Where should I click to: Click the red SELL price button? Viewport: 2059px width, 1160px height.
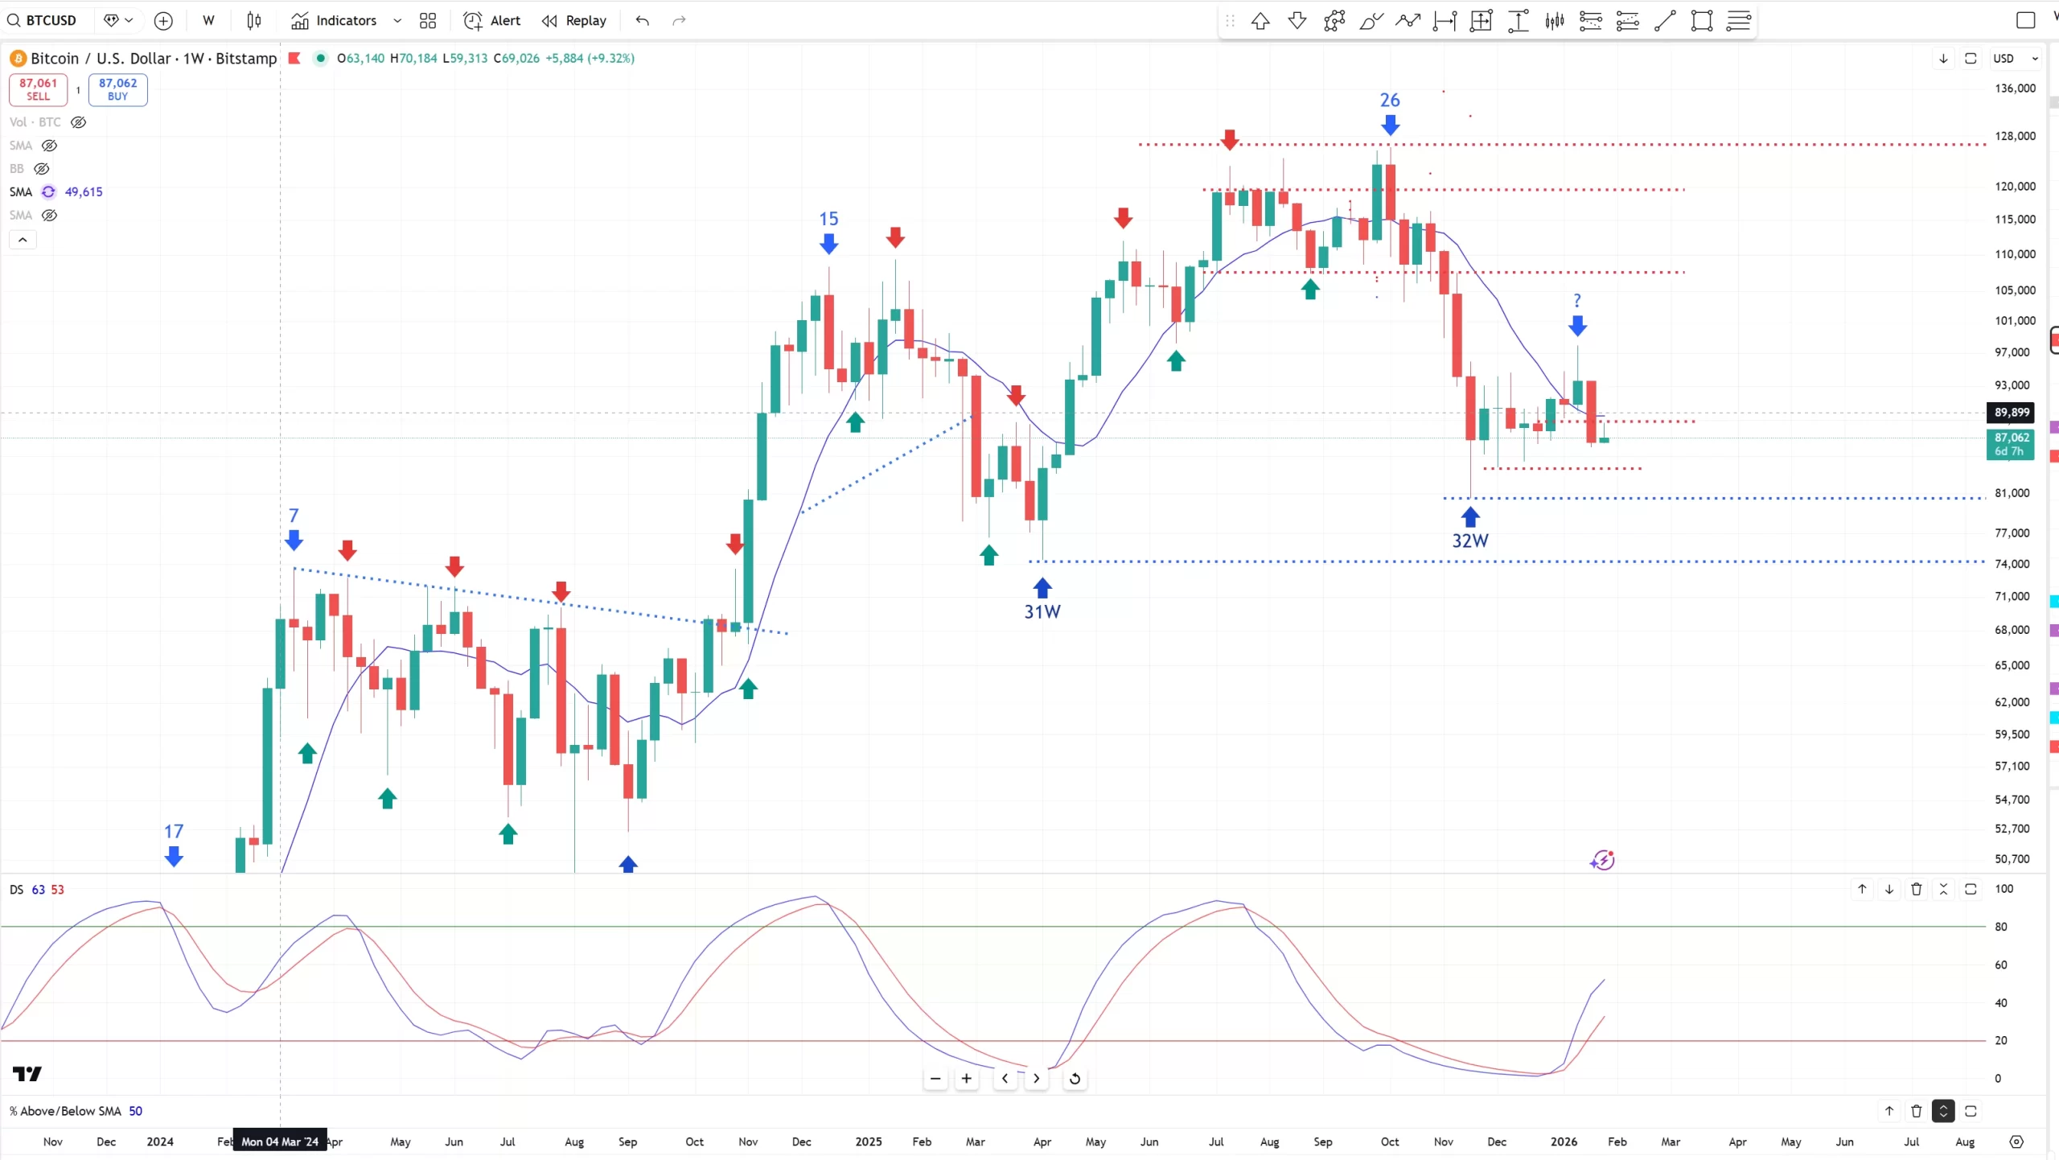pyautogui.click(x=38, y=89)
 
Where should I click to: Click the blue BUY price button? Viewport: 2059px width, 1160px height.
pyautogui.click(x=117, y=89)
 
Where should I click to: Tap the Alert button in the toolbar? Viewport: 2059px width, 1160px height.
pyautogui.click(x=492, y=21)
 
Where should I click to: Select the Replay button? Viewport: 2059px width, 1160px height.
pyautogui.click(x=574, y=21)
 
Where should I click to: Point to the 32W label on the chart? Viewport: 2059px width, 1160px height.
pyautogui.click(x=1469, y=541)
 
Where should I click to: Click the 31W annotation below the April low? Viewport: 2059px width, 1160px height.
pyautogui.click(x=1042, y=612)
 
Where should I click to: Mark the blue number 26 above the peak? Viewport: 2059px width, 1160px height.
pyautogui.click(x=1389, y=101)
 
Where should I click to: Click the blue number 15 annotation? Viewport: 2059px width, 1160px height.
pyautogui.click(x=828, y=219)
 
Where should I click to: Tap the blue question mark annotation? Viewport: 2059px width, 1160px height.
pyautogui.click(x=1576, y=301)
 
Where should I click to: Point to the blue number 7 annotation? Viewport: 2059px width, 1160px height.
pyautogui.click(x=294, y=516)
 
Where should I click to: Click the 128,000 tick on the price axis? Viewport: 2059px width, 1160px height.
pyautogui.click(x=2015, y=136)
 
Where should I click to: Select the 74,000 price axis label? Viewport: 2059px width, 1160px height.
pyautogui.click(x=2012, y=564)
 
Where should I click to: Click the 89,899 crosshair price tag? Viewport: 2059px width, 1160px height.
pyautogui.click(x=2011, y=413)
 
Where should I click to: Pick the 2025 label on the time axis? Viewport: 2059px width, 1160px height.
pyautogui.click(x=868, y=1141)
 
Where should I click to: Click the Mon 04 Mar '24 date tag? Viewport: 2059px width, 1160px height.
pyautogui.click(x=279, y=1141)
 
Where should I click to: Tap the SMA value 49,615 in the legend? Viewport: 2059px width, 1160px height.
pyautogui.click(x=84, y=192)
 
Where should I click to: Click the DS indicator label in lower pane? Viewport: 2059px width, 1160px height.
pyautogui.click(x=17, y=890)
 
